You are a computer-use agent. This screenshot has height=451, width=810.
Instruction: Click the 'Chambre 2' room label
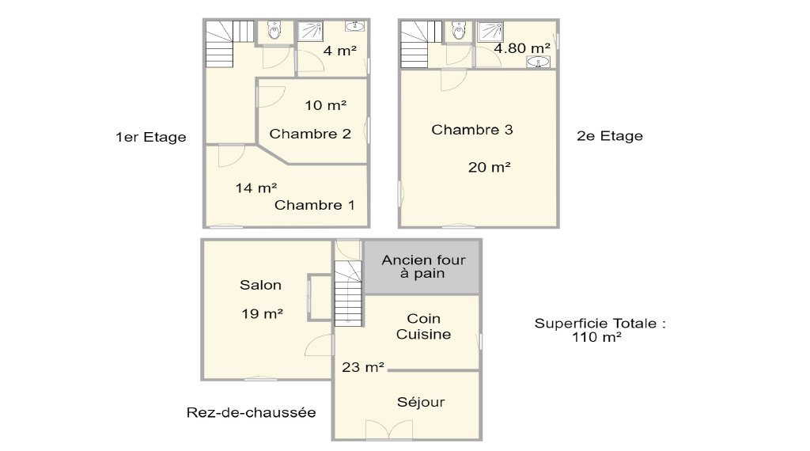tap(310, 134)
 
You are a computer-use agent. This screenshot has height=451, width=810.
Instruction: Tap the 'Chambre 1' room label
tap(315, 205)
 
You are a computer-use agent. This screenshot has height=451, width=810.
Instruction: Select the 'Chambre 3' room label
tap(472, 130)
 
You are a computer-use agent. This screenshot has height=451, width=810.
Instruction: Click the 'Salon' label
tap(260, 285)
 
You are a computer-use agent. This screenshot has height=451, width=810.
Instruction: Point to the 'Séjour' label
tap(421, 402)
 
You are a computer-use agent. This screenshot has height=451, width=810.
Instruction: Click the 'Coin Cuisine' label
tap(424, 327)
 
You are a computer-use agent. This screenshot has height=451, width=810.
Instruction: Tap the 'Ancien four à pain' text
tap(424, 267)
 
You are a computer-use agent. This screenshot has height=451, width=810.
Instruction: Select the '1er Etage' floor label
tap(151, 138)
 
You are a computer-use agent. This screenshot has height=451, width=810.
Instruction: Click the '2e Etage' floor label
tap(610, 136)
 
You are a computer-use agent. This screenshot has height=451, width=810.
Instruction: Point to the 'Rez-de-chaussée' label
tap(251, 412)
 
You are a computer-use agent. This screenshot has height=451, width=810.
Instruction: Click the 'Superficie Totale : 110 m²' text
tap(600, 330)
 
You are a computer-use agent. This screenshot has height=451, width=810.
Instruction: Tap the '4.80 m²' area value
tap(522, 48)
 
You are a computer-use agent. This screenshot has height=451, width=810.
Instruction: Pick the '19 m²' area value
tap(262, 313)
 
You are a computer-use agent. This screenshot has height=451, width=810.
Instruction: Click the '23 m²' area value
tap(363, 367)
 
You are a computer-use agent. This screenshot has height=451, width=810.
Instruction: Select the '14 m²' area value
tap(255, 188)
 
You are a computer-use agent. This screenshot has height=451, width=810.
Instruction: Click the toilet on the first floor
tap(274, 30)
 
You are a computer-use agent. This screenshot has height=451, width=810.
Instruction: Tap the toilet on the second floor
tap(459, 30)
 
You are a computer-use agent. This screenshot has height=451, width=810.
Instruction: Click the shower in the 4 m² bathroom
tap(310, 31)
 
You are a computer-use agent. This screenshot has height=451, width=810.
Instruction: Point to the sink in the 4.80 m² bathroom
tap(538, 62)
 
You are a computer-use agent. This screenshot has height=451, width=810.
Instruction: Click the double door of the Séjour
tap(389, 430)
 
